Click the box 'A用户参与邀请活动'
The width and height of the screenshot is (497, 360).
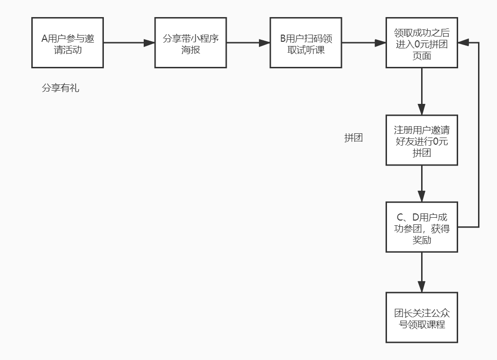coord(67,43)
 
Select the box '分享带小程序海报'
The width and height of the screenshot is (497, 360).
coord(191,43)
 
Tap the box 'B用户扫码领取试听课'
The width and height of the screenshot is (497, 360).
coord(306,43)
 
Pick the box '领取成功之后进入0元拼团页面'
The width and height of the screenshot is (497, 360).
coord(422,43)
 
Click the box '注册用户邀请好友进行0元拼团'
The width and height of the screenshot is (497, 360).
coord(422,140)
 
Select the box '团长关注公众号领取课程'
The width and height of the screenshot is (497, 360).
coord(422,318)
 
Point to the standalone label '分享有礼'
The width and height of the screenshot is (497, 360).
coord(60,88)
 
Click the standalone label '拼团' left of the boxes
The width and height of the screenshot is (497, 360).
coord(353,138)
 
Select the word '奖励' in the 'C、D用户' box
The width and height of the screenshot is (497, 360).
coord(422,240)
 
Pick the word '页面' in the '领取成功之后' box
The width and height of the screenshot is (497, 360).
coord(422,55)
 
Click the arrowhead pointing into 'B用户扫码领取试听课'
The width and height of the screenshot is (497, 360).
coord(264,43)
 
